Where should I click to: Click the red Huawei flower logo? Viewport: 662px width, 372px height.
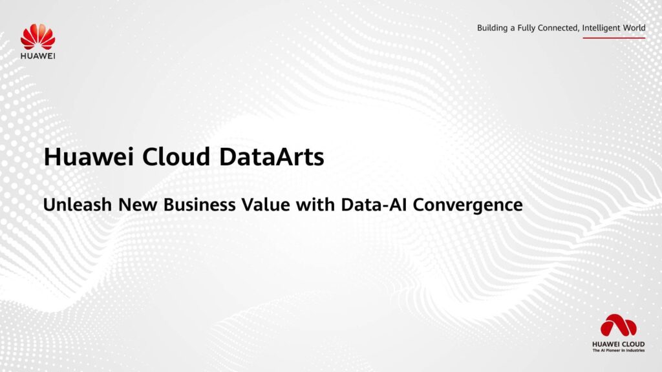click(37, 37)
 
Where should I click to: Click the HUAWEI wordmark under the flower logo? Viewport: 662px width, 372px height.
click(37, 56)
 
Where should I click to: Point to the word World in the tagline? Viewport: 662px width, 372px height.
click(633, 28)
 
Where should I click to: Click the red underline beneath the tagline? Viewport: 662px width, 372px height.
click(614, 37)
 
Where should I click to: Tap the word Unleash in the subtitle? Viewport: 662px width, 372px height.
click(73, 205)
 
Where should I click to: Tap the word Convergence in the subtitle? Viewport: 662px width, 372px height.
click(467, 205)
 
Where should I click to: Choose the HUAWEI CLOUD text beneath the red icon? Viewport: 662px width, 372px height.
click(618, 344)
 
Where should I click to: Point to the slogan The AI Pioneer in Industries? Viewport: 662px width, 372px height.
click(618, 352)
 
